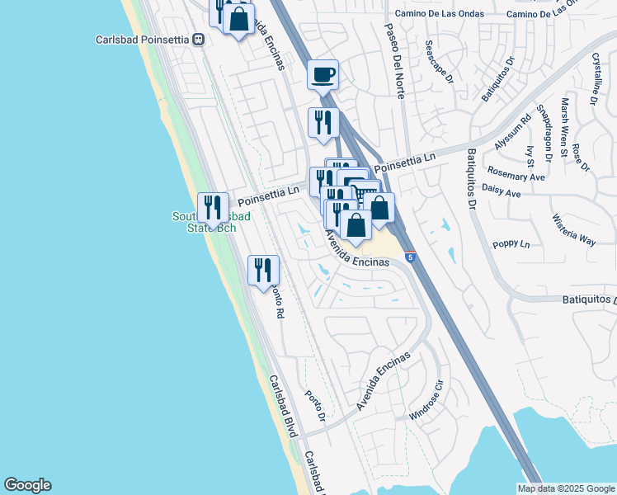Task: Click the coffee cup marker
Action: (323, 75)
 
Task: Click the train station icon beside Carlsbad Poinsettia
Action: (198, 39)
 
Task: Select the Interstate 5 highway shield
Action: (410, 258)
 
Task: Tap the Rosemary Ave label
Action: (516, 177)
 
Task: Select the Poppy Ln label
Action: (512, 244)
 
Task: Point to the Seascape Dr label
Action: (440, 62)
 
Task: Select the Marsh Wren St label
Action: (564, 127)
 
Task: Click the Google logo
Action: (27, 485)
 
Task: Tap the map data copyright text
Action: (565, 488)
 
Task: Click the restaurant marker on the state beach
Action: (214, 210)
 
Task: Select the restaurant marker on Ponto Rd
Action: (263, 271)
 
